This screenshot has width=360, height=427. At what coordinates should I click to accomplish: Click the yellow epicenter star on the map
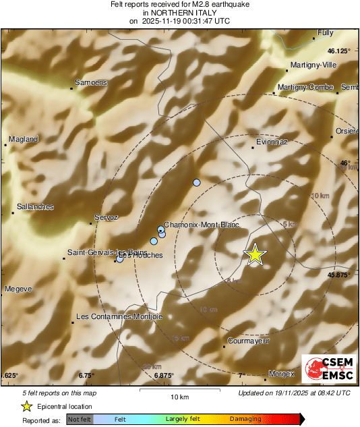pyautogui.click(x=255, y=254)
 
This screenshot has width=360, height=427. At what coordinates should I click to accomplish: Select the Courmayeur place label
pyautogui.click(x=249, y=341)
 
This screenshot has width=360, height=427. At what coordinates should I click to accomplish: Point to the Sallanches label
pyautogui.click(x=35, y=207)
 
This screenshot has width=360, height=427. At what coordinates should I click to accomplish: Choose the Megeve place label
pyautogui.click(x=18, y=289)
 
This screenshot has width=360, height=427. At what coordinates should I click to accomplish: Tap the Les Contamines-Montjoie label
pyautogui.click(x=119, y=316)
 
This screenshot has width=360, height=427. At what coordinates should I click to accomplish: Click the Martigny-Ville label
pyautogui.click(x=312, y=65)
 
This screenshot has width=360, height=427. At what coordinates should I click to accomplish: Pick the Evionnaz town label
pyautogui.click(x=272, y=142)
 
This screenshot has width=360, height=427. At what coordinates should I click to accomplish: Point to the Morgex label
pyautogui.click(x=282, y=374)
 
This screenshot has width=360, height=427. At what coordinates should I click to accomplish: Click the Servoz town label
pyautogui.click(x=107, y=218)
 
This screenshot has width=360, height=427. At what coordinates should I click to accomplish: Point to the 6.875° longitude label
pyautogui.click(x=163, y=375)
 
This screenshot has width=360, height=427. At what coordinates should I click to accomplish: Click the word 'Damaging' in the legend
pyautogui.click(x=245, y=419)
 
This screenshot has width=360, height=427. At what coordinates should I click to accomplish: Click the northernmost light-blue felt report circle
pyautogui.click(x=197, y=183)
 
